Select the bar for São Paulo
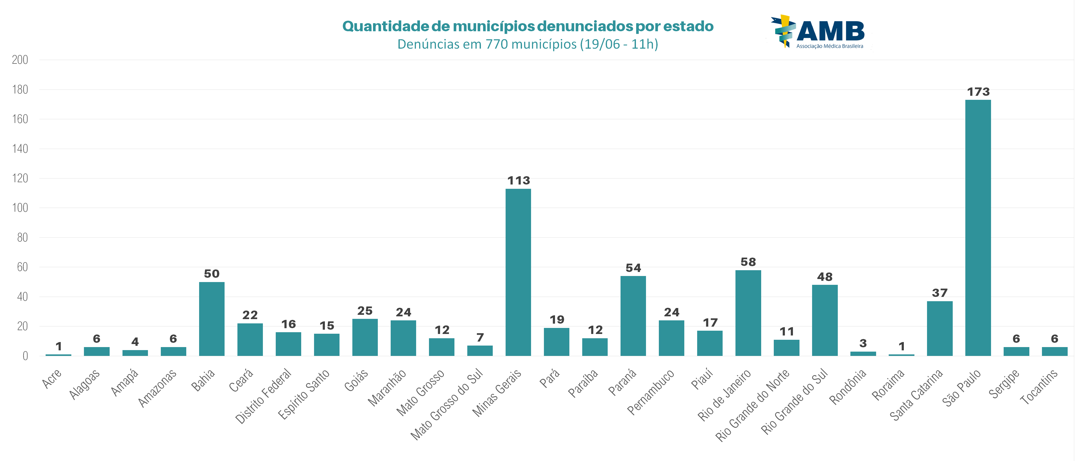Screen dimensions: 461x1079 (x=978, y=228)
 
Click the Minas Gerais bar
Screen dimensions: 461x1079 (x=518, y=272)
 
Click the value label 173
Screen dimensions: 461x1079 (x=978, y=92)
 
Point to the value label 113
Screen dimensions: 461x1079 (x=518, y=180)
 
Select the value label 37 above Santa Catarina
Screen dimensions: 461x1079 (x=940, y=293)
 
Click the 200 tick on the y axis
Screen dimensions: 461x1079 (x=20, y=60)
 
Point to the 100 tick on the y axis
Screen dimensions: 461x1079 (x=20, y=208)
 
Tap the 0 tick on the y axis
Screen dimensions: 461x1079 (x=25, y=356)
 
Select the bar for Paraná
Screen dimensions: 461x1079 (x=633, y=316)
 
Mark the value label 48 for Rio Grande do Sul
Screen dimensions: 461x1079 (x=825, y=277)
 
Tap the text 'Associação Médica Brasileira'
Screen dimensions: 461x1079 (x=829, y=46)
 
